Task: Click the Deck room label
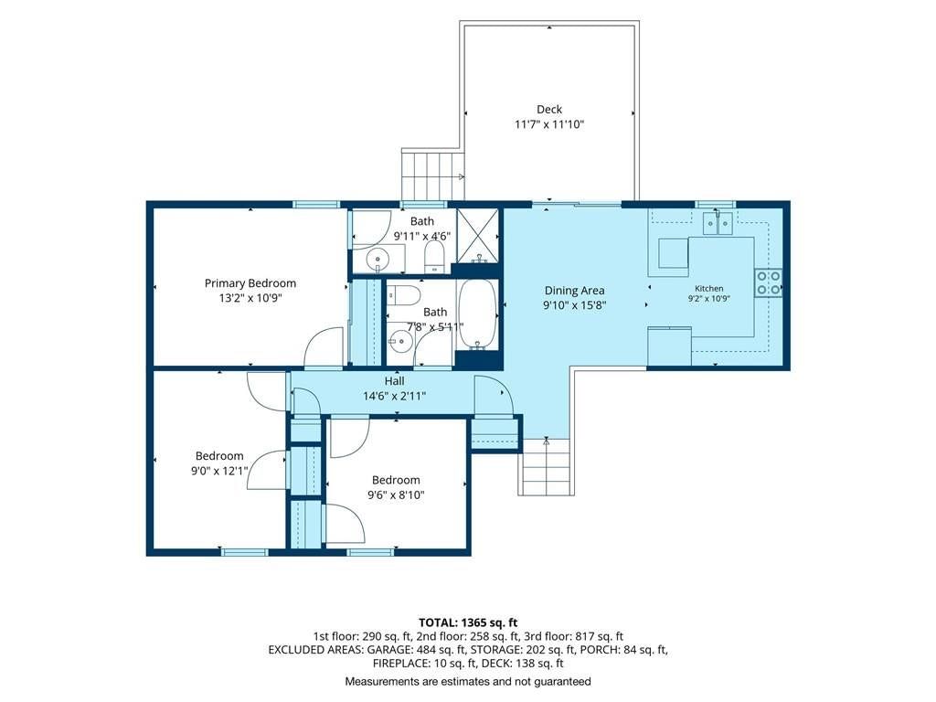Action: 549,110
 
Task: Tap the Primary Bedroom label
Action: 250,283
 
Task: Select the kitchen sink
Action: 717,223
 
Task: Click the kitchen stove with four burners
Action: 768,283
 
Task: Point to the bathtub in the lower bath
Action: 477,314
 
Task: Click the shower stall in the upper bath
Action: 477,236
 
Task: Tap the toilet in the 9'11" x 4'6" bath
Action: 434,257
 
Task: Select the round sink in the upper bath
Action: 378,261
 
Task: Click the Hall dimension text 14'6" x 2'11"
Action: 394,396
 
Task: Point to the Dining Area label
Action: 574,291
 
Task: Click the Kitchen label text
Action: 709,288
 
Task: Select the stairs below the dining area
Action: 545,467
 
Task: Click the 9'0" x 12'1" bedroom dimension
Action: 219,471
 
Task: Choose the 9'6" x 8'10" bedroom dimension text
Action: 396,495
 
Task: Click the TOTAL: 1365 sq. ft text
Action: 468,623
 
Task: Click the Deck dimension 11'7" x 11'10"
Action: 549,124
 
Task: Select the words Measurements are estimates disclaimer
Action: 468,682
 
